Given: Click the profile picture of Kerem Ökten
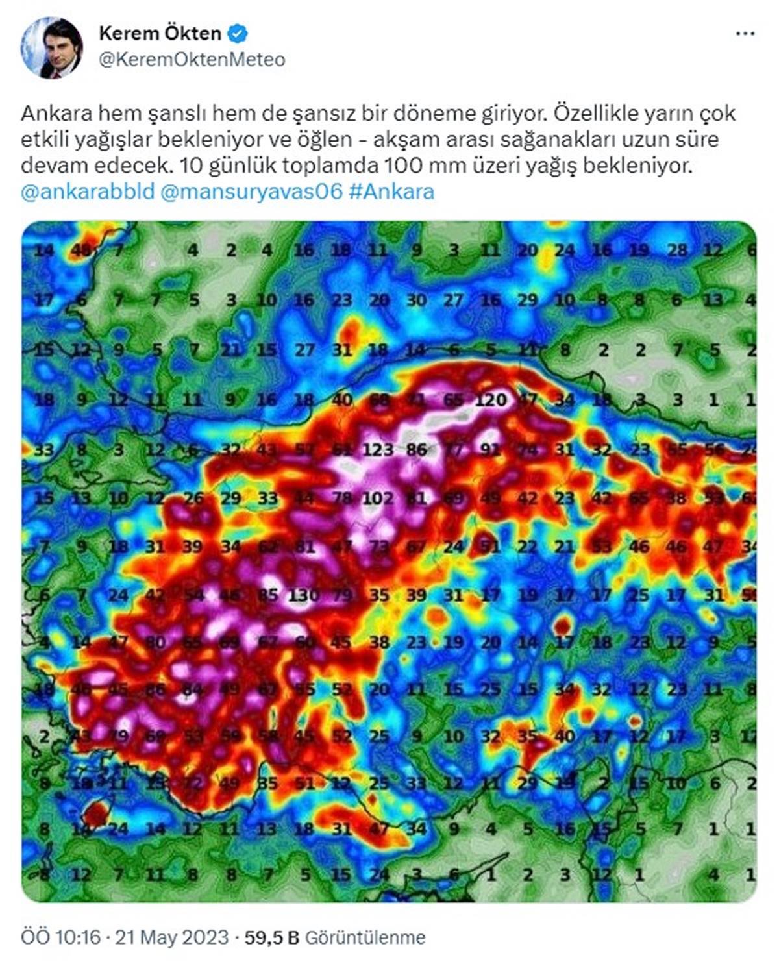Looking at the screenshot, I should click(x=52, y=47).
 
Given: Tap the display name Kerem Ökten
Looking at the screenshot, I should click(x=160, y=32).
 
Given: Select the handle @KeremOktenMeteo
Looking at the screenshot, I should click(x=192, y=60).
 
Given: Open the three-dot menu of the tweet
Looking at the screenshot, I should click(x=745, y=33).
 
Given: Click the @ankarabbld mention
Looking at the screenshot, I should click(x=88, y=192).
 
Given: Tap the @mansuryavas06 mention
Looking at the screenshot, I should click(x=251, y=192).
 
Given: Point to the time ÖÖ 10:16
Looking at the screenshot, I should click(x=61, y=937).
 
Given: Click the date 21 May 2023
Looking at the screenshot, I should click(x=172, y=937).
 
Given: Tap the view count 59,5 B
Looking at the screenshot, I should click(x=271, y=937).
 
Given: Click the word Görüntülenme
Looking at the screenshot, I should click(x=365, y=937).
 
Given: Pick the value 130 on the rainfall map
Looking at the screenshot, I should click(x=304, y=594).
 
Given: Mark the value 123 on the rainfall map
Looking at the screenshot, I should click(x=378, y=449).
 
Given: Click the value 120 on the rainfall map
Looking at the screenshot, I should click(x=490, y=399).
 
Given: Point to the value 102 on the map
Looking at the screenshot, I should click(x=378, y=499).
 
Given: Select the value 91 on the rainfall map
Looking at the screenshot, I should click(x=490, y=449).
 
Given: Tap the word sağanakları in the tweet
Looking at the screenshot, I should click(x=564, y=140).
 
